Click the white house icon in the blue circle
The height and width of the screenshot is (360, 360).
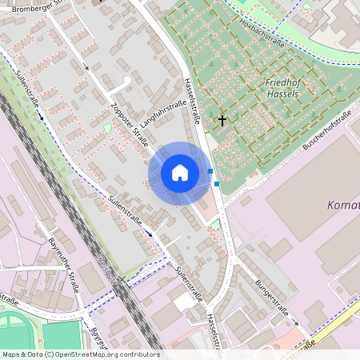(180, 173)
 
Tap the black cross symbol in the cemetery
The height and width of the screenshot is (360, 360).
(222, 122)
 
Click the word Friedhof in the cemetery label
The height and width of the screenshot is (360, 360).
(282, 82)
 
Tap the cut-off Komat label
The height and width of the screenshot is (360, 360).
(343, 206)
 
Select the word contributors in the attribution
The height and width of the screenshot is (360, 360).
(138, 354)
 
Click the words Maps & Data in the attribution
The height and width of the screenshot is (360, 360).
(22, 354)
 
